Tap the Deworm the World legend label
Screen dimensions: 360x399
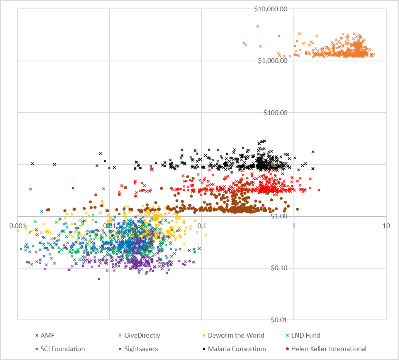click(236, 335)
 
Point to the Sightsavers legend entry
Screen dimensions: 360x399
click(141, 349)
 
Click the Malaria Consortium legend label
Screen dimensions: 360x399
click(237, 349)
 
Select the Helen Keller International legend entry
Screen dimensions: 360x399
click(329, 349)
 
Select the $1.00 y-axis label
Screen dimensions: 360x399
click(280, 216)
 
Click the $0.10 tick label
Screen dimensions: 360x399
click(280, 268)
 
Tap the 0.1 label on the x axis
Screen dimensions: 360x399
click(202, 225)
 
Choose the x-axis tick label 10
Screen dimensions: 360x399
click(386, 225)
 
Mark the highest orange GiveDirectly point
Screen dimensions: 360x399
click(258, 26)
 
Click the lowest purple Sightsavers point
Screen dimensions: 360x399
click(99, 279)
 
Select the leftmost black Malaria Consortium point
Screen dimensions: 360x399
click(32, 164)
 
